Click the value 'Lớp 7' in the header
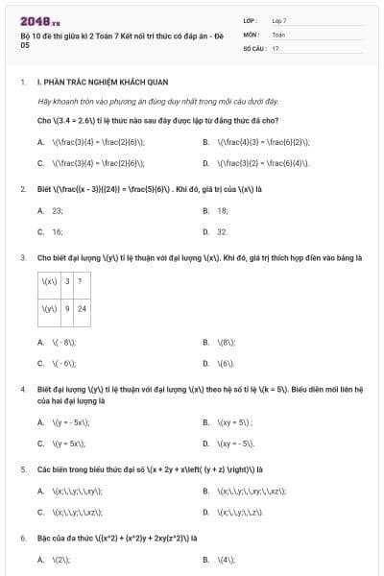(279, 20)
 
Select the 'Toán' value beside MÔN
(278, 34)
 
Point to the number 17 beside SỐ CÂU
(276, 47)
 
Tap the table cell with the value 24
(82, 308)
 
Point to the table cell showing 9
(67, 308)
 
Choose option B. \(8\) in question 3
(226, 342)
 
